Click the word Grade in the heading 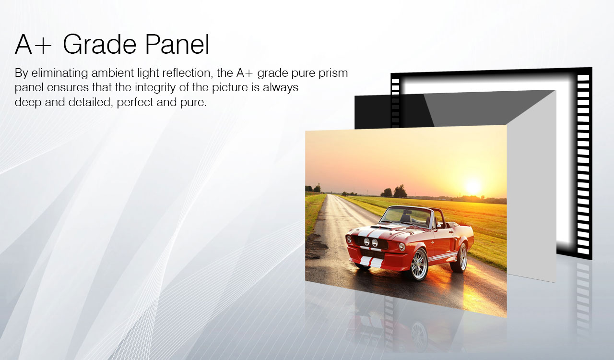click(x=100, y=45)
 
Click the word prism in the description click(x=335, y=73)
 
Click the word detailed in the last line click(x=91, y=102)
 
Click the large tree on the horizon click(x=400, y=191)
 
